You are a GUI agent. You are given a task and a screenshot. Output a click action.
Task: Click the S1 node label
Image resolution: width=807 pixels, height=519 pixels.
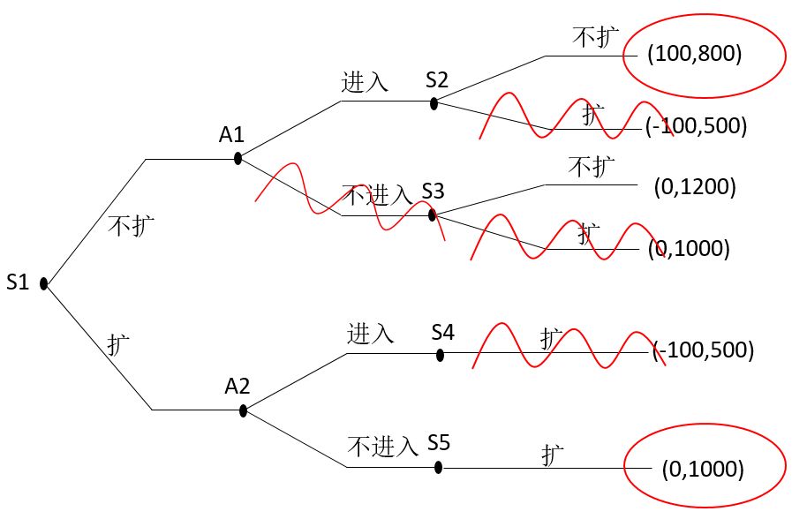(x=19, y=283)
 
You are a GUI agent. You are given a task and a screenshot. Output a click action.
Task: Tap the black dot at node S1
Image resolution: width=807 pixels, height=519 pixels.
(x=43, y=284)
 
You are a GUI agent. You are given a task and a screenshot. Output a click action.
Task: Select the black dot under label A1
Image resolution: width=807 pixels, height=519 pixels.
(x=238, y=159)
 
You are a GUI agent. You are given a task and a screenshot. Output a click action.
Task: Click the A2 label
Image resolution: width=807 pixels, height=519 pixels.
(x=237, y=386)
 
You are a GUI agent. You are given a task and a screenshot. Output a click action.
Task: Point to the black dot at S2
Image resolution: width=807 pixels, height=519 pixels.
(x=434, y=103)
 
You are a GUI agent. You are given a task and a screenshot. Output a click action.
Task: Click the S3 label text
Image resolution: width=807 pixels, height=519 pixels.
(x=434, y=191)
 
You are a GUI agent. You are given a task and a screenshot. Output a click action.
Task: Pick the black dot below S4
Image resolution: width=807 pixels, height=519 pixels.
(x=440, y=355)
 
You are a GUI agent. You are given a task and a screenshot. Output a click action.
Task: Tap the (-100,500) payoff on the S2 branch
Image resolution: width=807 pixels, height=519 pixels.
(x=697, y=125)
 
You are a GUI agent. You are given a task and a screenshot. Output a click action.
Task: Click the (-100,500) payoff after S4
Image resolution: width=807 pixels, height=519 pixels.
(x=704, y=350)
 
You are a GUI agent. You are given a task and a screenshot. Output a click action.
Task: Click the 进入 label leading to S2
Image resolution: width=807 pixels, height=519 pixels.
(x=365, y=82)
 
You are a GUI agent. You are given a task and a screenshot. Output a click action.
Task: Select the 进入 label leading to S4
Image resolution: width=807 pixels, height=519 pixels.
(x=371, y=334)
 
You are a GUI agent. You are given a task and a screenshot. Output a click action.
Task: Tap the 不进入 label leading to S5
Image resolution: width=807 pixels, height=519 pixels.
(x=382, y=446)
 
